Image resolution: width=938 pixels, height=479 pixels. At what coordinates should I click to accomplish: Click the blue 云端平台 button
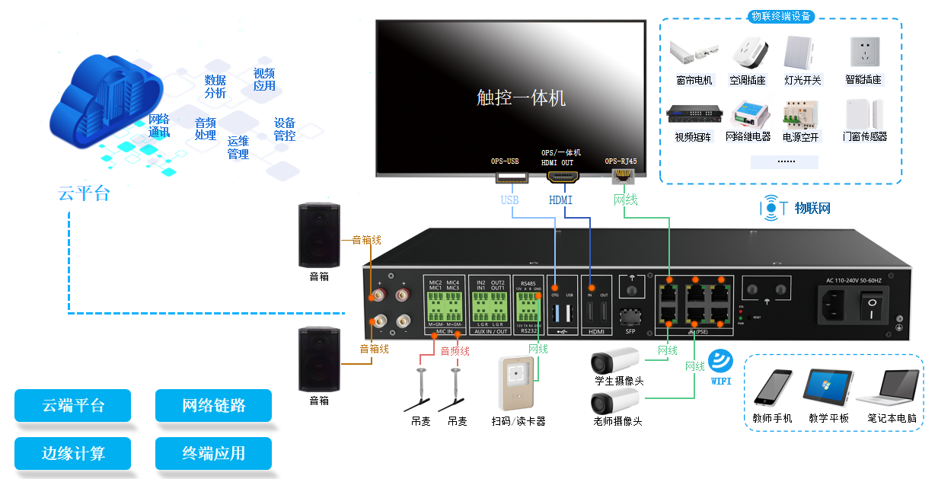pos(72,405)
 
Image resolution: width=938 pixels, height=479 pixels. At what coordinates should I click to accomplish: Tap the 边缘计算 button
pos(72,453)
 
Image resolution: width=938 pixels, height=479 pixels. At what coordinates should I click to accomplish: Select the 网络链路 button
pos(213,405)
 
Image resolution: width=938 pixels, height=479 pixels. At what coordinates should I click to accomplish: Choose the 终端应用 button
pos(213,453)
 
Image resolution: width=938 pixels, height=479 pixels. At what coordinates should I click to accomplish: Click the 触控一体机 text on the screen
pos(521,97)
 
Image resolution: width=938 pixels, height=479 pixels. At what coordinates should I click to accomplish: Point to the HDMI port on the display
pos(563,177)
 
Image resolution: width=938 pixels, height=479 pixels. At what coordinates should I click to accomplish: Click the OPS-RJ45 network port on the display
pos(623,177)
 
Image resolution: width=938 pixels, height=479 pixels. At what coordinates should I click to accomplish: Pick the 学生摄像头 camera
pos(616,359)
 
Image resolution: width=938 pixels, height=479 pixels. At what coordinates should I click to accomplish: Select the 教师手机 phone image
pos(773,388)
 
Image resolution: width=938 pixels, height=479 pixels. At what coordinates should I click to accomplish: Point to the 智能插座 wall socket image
pos(863,54)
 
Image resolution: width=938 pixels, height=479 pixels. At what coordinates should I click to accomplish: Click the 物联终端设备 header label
pos(780,16)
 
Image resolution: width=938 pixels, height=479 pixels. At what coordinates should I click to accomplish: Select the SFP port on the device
pos(630,315)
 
